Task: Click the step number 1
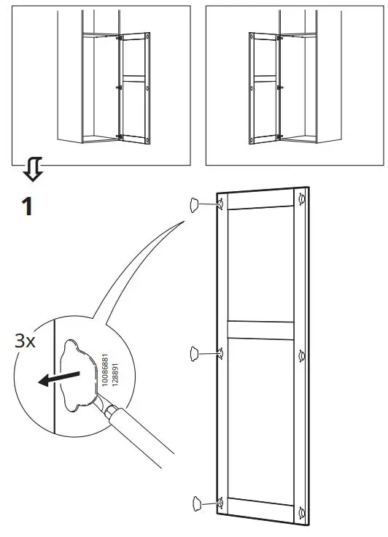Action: (27, 206)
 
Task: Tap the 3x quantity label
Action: (25, 341)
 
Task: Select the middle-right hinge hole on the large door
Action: (301, 356)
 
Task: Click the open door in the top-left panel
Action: (133, 85)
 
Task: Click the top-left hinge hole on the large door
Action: (220, 205)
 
